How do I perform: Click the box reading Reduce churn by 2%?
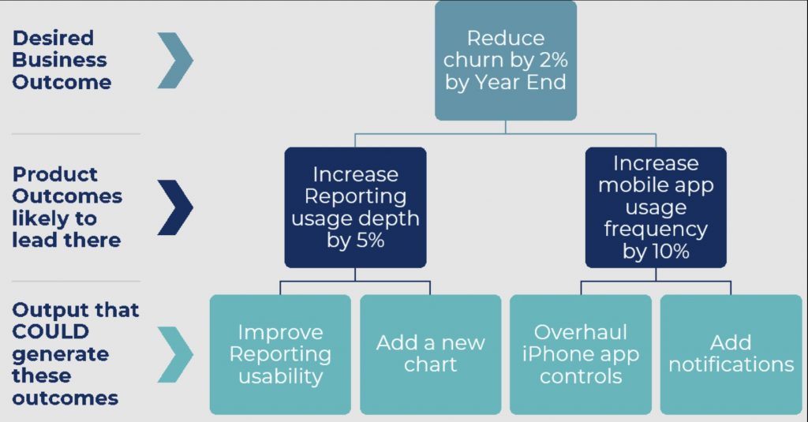click(506, 60)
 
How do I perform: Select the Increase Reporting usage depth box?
click(355, 207)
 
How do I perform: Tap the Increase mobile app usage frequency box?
click(656, 207)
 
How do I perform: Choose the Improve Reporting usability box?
click(280, 354)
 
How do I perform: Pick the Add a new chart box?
click(430, 354)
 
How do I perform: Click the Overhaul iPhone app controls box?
click(581, 354)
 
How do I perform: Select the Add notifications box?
click(731, 354)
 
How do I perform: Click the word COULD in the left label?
click(50, 332)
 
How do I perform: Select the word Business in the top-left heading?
click(59, 60)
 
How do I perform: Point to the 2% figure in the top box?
click(553, 60)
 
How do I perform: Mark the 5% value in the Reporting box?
click(369, 240)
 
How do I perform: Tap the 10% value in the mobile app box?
click(669, 252)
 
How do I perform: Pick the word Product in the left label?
click(54, 174)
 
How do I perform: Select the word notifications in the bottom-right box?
click(731, 364)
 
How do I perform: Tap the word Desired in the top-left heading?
click(53, 38)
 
